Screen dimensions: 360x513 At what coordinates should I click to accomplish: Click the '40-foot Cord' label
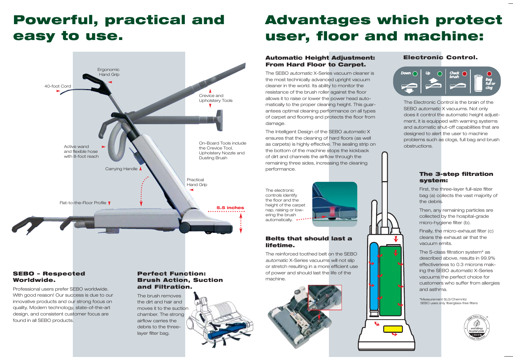tap(58, 86)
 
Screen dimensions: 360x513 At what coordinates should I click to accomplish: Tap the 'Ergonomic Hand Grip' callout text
tap(109, 72)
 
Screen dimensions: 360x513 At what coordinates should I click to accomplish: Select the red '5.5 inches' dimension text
tap(230, 208)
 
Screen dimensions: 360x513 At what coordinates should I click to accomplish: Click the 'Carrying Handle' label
tap(121, 169)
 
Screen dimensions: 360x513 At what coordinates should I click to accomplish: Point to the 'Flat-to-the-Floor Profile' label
tap(83, 203)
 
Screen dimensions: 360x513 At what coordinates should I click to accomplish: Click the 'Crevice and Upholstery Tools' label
tap(215, 98)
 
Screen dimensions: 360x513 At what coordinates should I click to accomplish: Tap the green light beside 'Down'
tap(415, 74)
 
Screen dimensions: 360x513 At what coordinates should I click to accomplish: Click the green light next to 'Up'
tap(440, 74)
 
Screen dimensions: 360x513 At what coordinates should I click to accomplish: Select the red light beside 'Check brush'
tap(465, 74)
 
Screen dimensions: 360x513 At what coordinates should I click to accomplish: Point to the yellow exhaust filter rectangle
tap(393, 329)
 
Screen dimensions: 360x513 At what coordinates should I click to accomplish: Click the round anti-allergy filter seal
tap(477, 328)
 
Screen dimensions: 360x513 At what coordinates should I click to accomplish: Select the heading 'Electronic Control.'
tap(440, 57)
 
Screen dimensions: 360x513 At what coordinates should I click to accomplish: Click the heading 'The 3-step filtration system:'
tap(456, 177)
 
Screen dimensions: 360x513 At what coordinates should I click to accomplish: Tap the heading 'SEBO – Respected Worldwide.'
tap(49, 277)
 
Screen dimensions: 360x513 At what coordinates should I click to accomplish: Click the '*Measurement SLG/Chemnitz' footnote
tap(443, 299)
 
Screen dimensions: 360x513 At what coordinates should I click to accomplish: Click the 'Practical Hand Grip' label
tap(197, 182)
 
